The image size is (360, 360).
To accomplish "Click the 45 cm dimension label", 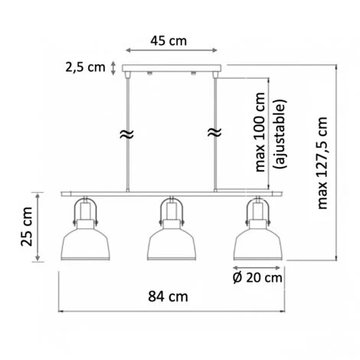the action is (169, 41).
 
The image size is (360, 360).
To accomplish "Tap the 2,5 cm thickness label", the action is (85, 67).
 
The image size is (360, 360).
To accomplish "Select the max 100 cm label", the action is (260, 132).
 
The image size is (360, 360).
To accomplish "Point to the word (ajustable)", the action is (280, 134).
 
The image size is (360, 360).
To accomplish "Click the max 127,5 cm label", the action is (322, 163).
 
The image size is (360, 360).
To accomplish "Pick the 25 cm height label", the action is (27, 227).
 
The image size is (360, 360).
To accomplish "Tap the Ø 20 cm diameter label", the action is (257, 278).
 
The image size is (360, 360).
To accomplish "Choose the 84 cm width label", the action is (168, 296).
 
